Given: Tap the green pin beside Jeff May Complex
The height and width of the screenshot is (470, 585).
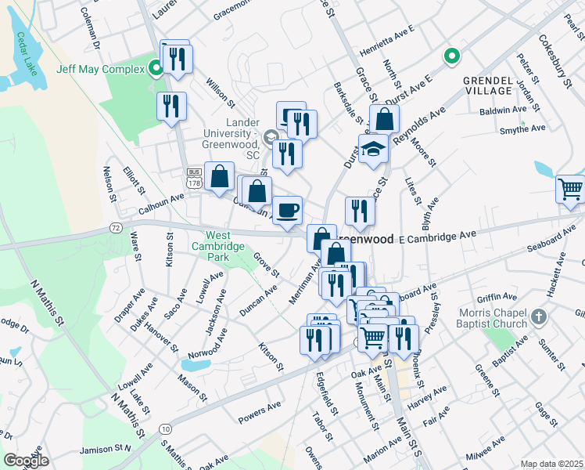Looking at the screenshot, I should coord(156,69).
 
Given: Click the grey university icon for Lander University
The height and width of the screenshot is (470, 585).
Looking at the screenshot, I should coord(272,138).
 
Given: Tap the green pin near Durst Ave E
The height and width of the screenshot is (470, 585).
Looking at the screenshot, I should coord(450,56).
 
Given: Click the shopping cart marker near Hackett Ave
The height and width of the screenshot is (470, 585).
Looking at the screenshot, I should coord(570,189).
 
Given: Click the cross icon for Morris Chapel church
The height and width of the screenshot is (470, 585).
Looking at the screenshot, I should coord(537,317).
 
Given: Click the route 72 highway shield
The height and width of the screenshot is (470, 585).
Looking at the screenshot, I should coord(115,227).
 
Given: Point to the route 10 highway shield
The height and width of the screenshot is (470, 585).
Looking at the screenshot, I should coord(165,428).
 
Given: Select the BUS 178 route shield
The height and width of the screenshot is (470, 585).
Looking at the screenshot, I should coord(194,178).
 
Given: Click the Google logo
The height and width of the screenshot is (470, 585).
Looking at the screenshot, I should coord(26,461).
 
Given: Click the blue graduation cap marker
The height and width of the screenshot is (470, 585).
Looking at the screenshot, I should coord(373,149).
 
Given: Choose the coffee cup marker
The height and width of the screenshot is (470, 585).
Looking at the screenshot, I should coord(287,209).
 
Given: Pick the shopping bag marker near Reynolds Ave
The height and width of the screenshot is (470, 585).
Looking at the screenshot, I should coord(384,119).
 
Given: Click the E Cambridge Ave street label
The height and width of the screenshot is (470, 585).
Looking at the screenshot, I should coord(436,236).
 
